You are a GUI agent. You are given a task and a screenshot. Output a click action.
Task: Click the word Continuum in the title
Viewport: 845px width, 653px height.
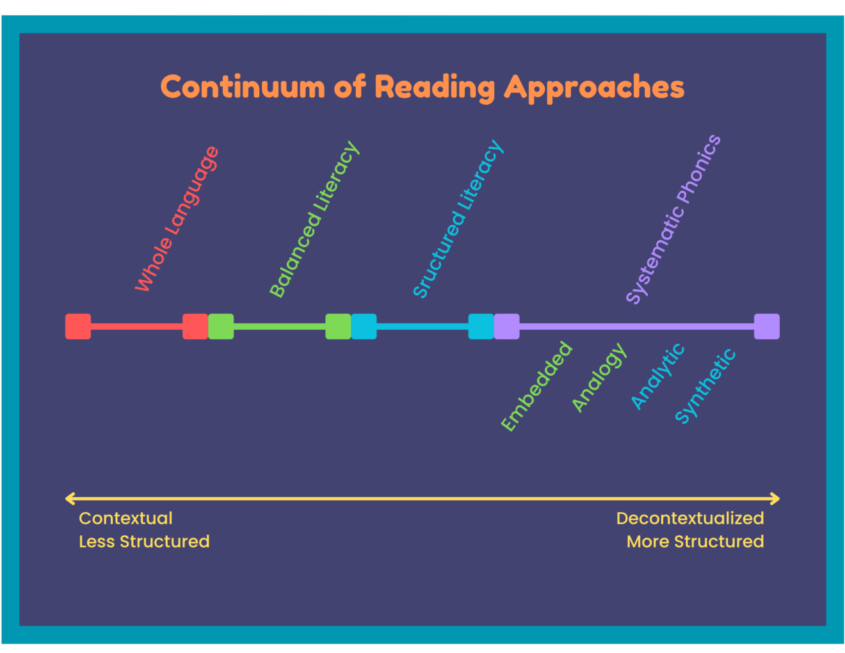(243, 87)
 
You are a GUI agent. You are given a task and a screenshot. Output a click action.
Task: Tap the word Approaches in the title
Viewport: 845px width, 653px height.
(594, 88)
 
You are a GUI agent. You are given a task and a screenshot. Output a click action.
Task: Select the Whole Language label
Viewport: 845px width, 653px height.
(177, 219)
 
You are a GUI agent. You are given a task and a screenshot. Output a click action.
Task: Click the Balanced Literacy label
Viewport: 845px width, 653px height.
(314, 220)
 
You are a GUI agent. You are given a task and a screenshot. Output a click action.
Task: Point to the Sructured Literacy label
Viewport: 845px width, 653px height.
(458, 219)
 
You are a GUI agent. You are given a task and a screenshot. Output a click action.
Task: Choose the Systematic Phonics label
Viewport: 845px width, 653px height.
(673, 219)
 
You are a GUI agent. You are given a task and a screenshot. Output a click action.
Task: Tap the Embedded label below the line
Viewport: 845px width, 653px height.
(536, 386)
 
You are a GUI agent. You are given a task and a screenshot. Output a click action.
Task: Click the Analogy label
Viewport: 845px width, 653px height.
(599, 377)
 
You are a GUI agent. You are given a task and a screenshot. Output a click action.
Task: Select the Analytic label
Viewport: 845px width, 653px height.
(657, 376)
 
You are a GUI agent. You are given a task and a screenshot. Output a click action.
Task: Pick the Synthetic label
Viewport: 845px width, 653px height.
(705, 386)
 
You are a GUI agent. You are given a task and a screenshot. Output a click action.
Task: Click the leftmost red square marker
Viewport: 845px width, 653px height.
(78, 326)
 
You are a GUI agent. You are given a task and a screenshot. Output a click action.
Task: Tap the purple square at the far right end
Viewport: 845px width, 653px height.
(766, 326)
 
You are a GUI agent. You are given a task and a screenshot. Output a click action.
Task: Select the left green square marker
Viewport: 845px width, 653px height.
(221, 326)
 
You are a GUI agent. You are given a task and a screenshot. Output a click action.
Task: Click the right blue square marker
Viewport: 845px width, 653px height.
(481, 326)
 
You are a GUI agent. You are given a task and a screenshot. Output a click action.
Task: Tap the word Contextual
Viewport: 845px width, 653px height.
(125, 519)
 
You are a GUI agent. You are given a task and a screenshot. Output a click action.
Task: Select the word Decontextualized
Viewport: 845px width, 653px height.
(690, 519)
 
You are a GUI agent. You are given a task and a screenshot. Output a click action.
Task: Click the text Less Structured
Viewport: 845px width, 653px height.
(144, 542)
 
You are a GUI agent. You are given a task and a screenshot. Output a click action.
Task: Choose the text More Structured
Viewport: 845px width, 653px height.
(695, 542)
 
